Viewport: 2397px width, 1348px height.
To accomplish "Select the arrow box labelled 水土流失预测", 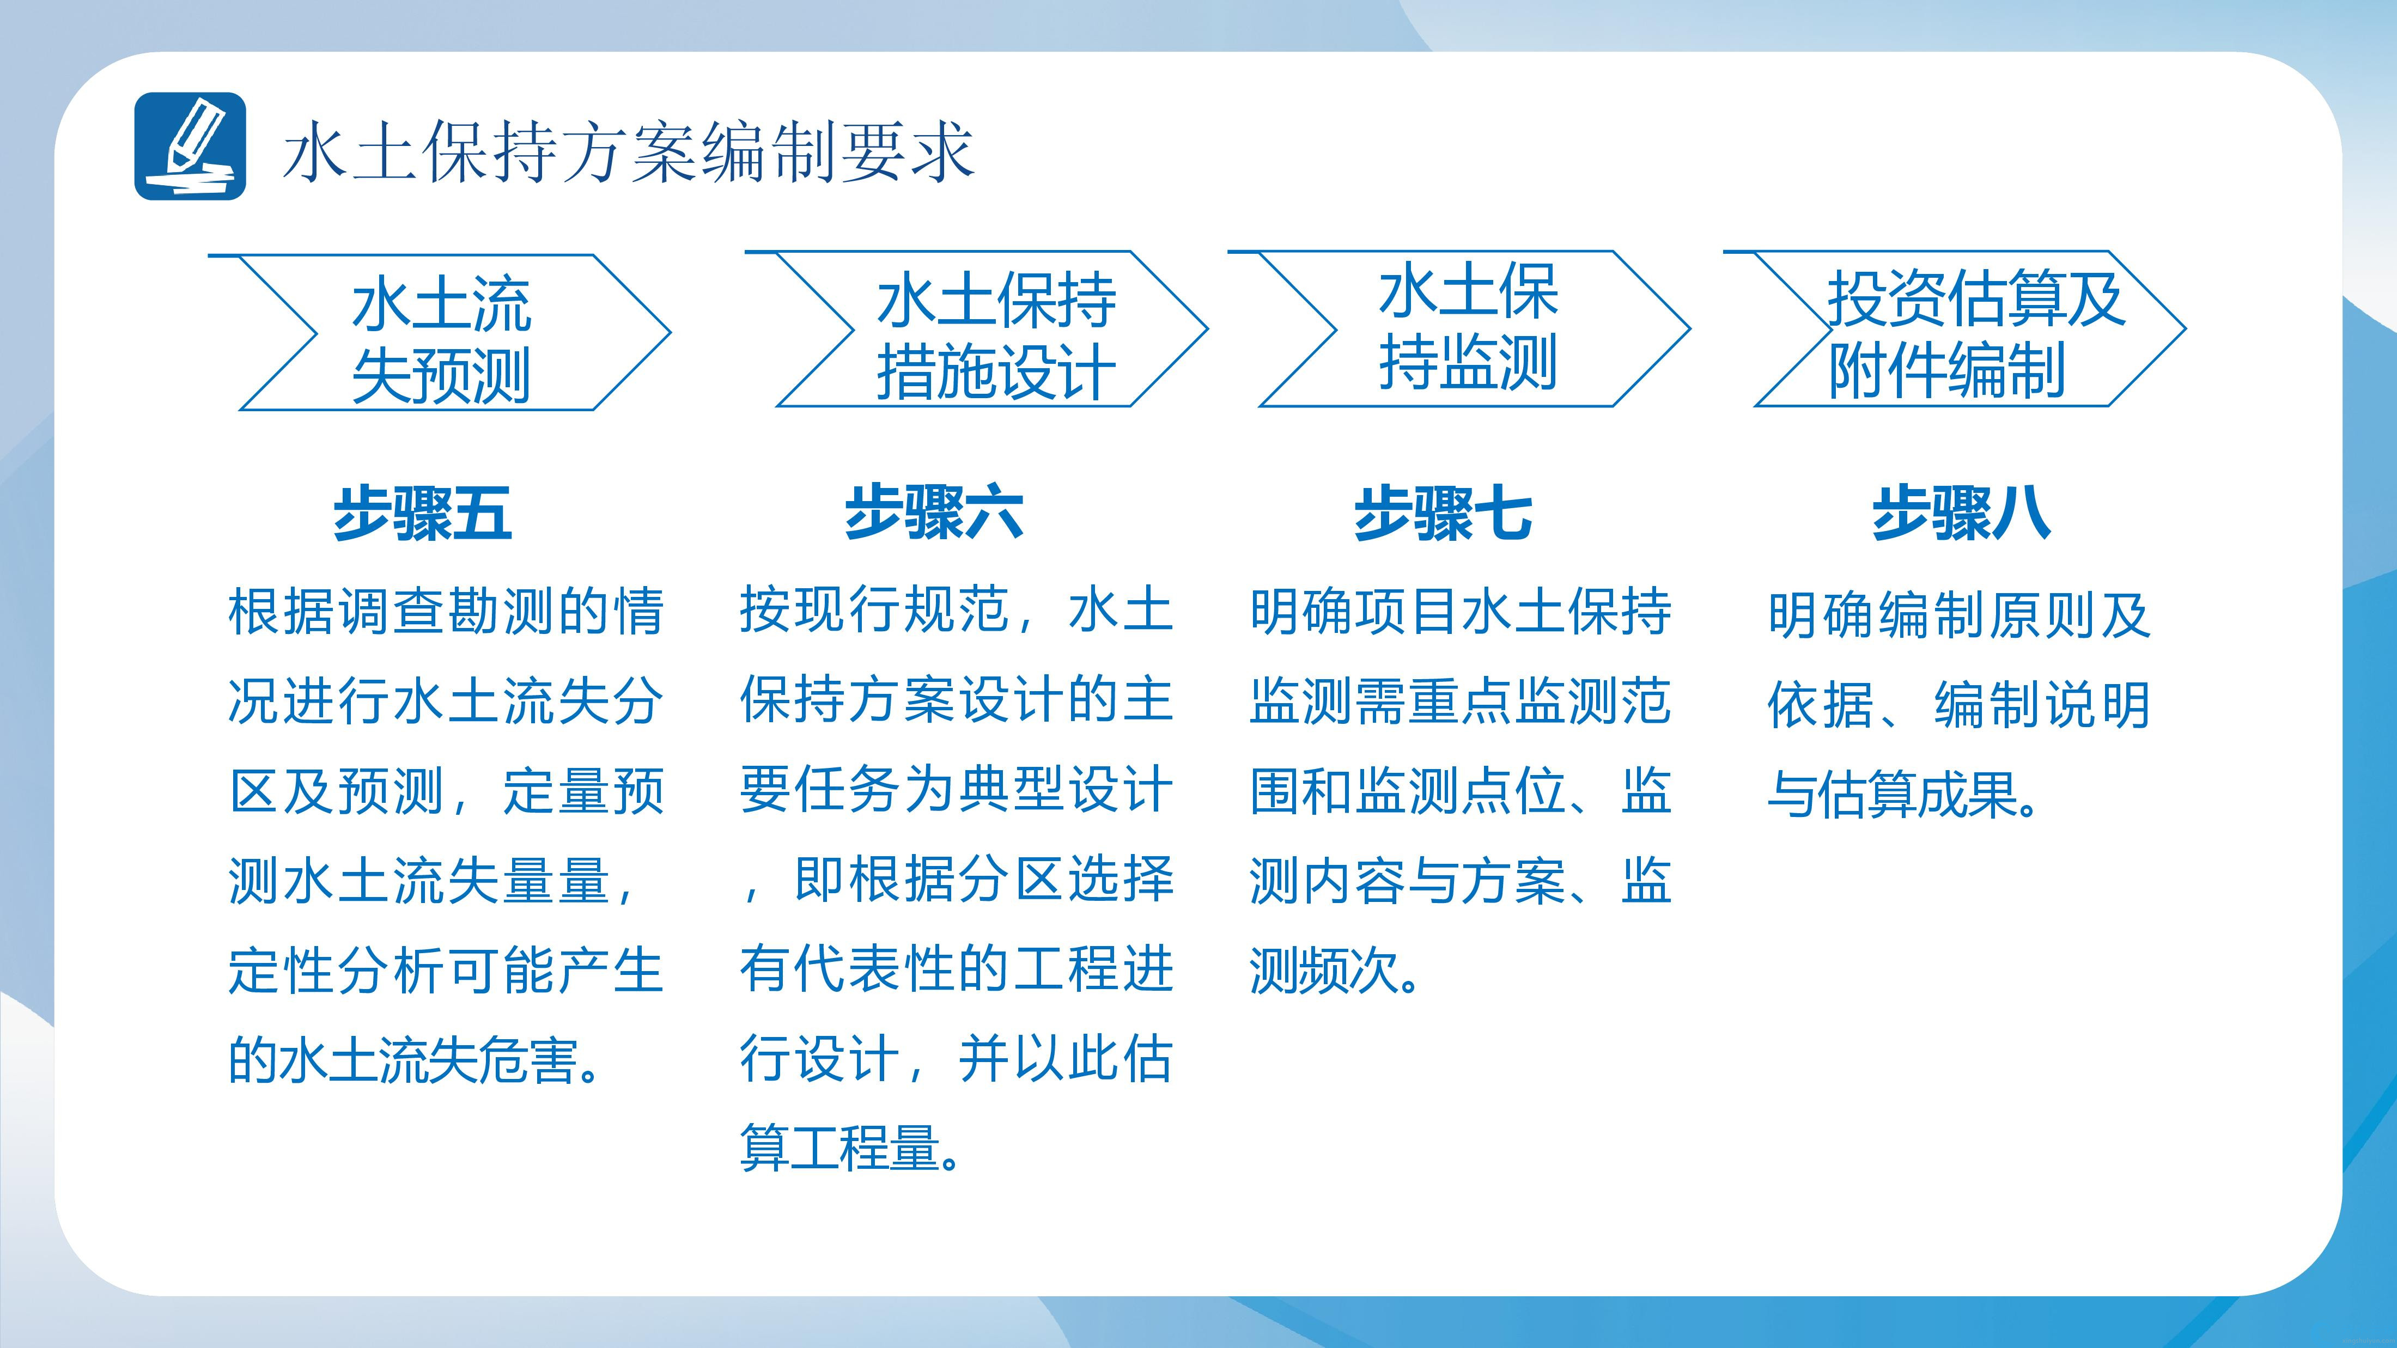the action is (x=439, y=332).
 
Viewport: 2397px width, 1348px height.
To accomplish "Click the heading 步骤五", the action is (x=422, y=513).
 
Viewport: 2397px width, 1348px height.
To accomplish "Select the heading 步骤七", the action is (x=1443, y=513).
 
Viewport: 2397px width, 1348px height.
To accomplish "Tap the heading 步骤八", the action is (x=1962, y=513).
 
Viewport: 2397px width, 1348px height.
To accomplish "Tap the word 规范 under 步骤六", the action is (x=958, y=609).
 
